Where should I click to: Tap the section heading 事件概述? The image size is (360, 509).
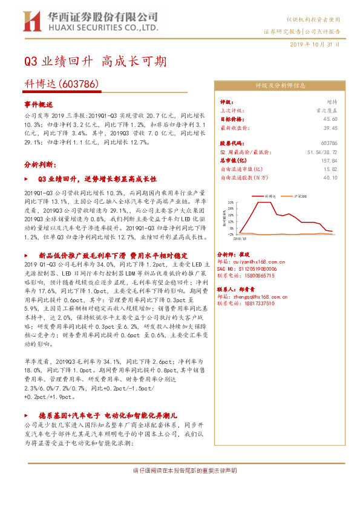(x=39, y=103)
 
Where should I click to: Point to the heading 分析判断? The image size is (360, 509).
(x=41, y=164)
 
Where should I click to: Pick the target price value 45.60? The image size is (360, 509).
(x=329, y=120)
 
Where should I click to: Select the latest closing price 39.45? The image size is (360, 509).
(x=329, y=128)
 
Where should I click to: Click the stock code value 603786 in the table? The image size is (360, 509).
(x=329, y=143)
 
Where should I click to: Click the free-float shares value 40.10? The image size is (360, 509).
(x=330, y=178)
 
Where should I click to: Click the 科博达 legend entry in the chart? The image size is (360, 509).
(x=270, y=196)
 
